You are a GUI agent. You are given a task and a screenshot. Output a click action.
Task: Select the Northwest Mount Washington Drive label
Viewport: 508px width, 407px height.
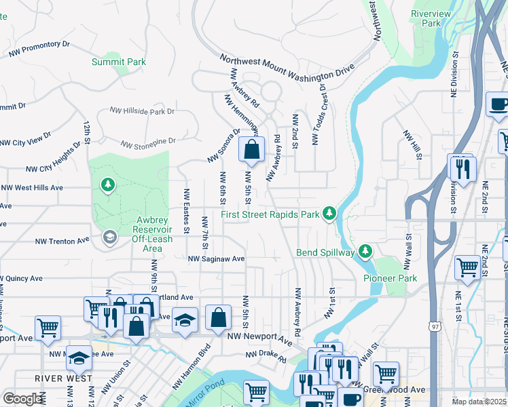point(287,69)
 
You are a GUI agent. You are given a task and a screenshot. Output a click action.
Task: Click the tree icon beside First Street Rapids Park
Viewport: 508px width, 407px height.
point(329,214)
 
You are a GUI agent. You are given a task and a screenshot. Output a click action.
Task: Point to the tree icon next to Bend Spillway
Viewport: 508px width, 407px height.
point(366,252)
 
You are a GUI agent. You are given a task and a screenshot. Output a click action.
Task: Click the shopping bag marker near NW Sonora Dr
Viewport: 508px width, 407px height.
point(252,151)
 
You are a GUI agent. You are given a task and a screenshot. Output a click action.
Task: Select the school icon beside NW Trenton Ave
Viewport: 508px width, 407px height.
point(109,237)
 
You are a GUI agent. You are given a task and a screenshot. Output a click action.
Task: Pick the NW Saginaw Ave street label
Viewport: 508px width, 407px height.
point(216,258)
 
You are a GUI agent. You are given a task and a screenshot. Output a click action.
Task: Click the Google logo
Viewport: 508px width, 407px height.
point(22,398)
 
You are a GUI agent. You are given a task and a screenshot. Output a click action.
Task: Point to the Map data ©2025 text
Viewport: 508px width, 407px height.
point(479,402)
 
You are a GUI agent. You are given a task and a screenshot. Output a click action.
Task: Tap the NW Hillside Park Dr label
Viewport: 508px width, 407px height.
point(143,111)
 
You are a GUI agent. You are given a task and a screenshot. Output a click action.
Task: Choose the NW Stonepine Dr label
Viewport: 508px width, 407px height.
point(148,143)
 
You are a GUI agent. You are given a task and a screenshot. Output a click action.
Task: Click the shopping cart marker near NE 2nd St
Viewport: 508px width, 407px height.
point(467,267)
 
